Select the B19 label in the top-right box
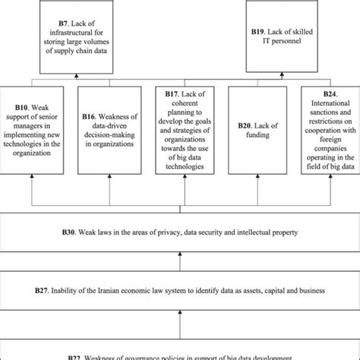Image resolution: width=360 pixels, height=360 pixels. pyautogui.click(x=261, y=33)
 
